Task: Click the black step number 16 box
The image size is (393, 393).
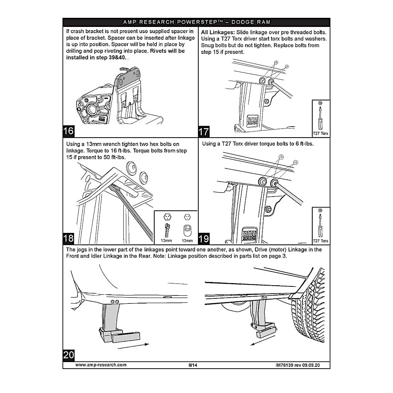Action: (68, 131)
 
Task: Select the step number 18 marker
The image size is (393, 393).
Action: (68, 238)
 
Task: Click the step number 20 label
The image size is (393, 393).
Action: (68, 355)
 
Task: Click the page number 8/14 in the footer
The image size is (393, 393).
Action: (193, 365)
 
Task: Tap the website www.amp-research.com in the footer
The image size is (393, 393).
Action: (101, 365)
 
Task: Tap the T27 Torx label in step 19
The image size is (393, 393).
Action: (321, 241)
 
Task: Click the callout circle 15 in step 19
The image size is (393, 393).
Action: (295, 162)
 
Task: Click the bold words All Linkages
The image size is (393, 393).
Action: (218, 32)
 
